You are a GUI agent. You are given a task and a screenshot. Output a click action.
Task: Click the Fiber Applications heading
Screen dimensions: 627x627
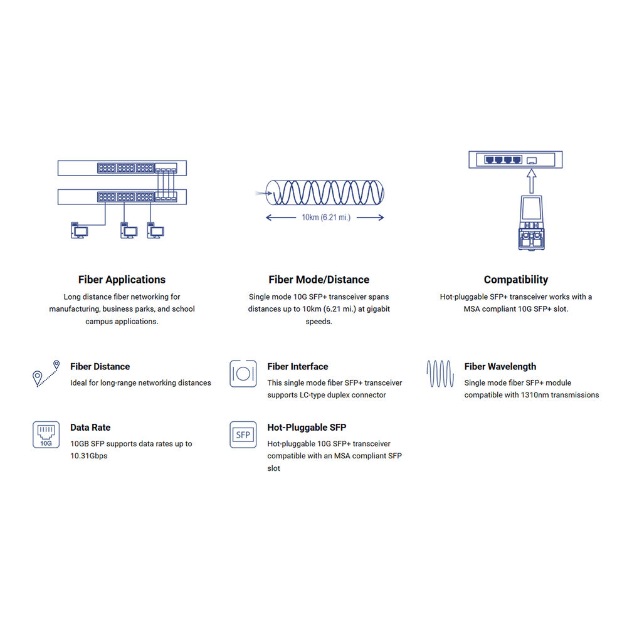click(122, 280)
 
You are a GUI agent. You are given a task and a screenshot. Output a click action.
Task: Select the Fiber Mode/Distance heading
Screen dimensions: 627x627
click(319, 280)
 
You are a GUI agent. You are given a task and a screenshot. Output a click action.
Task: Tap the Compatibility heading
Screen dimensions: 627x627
click(516, 280)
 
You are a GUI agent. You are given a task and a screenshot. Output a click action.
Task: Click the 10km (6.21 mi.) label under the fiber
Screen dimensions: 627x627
click(326, 217)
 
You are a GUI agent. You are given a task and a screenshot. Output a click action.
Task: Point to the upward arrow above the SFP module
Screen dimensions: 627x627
click(532, 181)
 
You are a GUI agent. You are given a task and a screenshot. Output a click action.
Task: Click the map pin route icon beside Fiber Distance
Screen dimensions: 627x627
click(46, 374)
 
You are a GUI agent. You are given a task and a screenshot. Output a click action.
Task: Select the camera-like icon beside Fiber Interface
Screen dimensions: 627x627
click(243, 374)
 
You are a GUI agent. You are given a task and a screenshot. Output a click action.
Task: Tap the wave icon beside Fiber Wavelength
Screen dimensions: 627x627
click(440, 374)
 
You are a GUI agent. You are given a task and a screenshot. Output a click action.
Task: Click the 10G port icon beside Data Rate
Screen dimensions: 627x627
click(46, 435)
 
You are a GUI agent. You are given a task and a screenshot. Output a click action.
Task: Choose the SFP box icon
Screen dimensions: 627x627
click(243, 435)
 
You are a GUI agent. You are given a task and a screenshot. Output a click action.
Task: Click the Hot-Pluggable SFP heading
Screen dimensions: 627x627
click(307, 428)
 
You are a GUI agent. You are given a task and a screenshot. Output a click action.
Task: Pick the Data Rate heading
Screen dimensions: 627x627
click(90, 428)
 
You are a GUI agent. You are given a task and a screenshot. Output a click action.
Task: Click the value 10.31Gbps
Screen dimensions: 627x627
click(89, 456)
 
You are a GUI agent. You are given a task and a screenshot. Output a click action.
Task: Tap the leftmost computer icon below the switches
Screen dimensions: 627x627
click(79, 230)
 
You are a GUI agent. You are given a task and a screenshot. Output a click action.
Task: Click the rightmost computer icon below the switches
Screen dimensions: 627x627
click(155, 230)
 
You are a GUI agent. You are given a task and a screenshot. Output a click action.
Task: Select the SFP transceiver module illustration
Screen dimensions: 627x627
click(532, 223)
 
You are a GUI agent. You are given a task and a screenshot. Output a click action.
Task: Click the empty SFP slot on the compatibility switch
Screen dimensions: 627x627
click(532, 161)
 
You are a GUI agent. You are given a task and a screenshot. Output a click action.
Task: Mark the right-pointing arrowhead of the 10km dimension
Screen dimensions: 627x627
click(381, 217)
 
